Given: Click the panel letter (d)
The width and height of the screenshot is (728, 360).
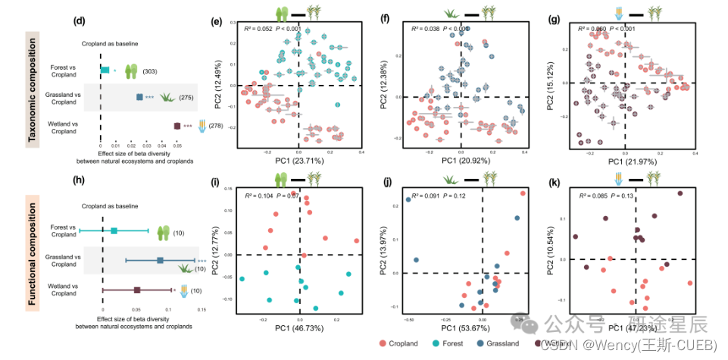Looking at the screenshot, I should click(79, 20).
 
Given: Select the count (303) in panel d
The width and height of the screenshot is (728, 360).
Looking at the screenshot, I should click(152, 70).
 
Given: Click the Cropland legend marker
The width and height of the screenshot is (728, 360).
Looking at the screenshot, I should click(384, 343).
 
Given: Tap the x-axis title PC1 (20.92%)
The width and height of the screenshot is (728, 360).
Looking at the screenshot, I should click(460, 161).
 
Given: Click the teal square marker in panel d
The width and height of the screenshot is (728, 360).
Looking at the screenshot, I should click(105, 70).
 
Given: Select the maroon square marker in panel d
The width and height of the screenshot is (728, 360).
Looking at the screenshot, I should click(177, 126).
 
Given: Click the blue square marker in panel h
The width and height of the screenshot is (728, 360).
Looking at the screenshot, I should click(160, 261).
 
